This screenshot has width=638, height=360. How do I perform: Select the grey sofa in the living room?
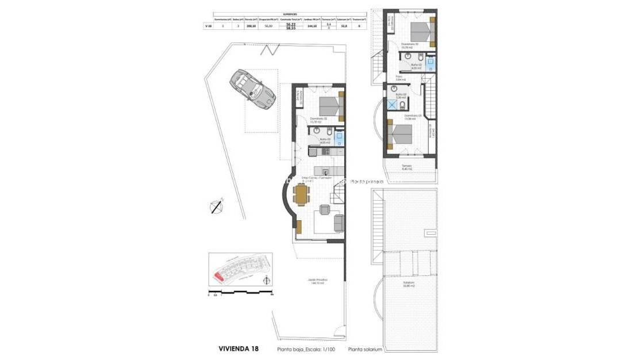339,221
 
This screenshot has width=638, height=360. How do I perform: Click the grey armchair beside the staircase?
324,210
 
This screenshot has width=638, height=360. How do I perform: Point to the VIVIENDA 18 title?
240,348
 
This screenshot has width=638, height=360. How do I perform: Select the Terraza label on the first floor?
408,167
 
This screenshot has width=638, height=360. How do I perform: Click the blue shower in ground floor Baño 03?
339,137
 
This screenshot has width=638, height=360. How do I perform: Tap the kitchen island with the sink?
325,171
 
